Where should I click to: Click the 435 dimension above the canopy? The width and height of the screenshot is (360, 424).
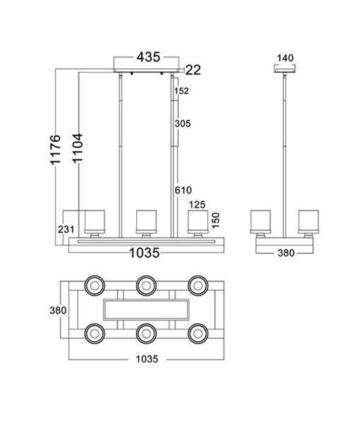pos(148,57)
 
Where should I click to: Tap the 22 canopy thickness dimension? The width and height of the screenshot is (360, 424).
pos(193,70)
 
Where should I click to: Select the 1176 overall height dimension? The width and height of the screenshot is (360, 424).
pos(55,149)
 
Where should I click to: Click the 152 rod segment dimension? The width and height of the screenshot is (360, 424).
pos(181,91)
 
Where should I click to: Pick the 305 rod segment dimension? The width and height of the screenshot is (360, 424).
pos(183,124)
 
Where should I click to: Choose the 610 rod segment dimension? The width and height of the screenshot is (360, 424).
pos(183,190)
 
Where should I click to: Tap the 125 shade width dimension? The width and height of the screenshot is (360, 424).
pos(197,205)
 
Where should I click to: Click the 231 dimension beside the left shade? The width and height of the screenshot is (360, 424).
pos(66,229)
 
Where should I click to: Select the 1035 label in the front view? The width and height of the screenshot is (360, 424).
pos(145,253)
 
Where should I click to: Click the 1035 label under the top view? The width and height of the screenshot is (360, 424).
pos(147,359)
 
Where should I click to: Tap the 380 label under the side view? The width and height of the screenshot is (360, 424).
pos(285,253)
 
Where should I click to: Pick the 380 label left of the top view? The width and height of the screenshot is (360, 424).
pos(58,310)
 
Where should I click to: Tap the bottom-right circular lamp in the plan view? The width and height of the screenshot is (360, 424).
pos(198,333)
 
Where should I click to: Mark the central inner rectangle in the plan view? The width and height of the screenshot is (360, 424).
pos(146,309)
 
